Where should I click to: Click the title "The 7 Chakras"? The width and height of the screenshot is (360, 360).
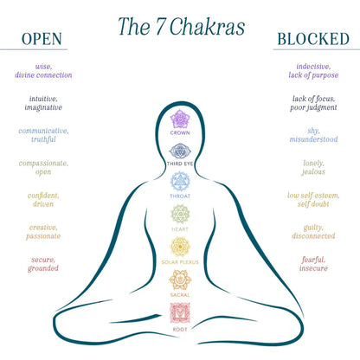coord(182,27)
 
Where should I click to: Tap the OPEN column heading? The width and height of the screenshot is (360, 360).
coord(42,39)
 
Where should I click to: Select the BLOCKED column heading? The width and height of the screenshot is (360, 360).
coord(313,39)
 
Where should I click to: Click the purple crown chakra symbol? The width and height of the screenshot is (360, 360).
coord(180,119)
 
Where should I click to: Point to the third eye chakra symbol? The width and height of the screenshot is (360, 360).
coord(180,151)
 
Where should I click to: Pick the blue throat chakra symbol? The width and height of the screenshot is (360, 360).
coord(180,182)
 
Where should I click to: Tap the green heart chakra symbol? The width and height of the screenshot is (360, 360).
coord(180,214)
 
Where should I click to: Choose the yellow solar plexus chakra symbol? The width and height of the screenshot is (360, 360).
coord(180,247)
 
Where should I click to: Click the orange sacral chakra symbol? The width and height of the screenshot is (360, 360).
coord(180,280)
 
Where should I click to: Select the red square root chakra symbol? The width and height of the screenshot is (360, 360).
coord(180,313)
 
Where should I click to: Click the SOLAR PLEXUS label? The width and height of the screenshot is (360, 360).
coord(180,262)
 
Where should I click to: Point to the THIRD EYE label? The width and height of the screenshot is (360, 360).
coord(180,164)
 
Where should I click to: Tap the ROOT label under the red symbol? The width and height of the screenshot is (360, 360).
coord(180,329)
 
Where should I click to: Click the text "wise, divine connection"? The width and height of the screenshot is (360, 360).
coord(43,71)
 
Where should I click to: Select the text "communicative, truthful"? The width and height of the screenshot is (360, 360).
coord(43,135)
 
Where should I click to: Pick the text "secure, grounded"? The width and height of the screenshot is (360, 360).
coord(43,264)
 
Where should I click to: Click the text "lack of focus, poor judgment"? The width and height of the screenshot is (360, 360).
coord(313,103)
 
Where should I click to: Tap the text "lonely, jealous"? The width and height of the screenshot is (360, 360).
coord(313,168)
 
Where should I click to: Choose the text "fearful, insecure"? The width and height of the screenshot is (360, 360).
coord(313,264)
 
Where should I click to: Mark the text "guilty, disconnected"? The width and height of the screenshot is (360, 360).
coord(313,232)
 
